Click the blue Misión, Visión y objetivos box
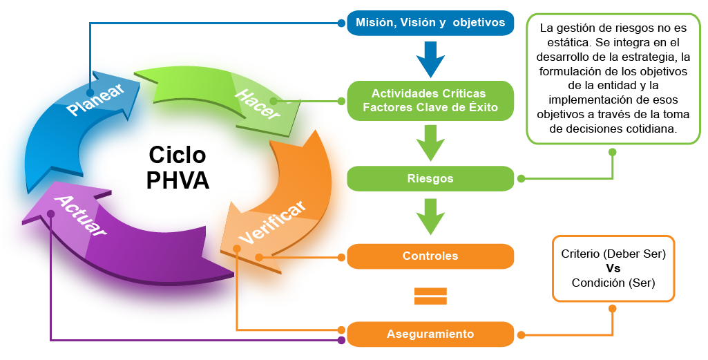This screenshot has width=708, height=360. click(430, 23)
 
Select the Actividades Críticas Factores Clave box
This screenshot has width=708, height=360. click(430, 100)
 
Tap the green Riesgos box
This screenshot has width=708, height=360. click(430, 178)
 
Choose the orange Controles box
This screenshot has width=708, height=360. click(430, 256)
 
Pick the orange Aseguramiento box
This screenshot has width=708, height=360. click(430, 334)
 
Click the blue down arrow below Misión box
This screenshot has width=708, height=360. click(430, 59)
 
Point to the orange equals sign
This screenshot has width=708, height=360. click(430, 296)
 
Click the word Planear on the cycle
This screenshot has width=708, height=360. click(96, 100)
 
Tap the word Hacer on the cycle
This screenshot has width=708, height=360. click(258, 104)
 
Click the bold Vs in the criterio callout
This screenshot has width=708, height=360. click(613, 268)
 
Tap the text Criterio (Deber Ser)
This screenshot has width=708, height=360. click(613, 254)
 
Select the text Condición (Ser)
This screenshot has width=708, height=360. click(613, 283)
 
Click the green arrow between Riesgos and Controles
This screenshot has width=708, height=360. click(430, 217)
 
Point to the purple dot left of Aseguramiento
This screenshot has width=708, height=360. click(341, 340)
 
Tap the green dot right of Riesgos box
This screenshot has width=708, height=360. click(522, 178)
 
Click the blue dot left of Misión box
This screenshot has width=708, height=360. click(341, 23)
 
